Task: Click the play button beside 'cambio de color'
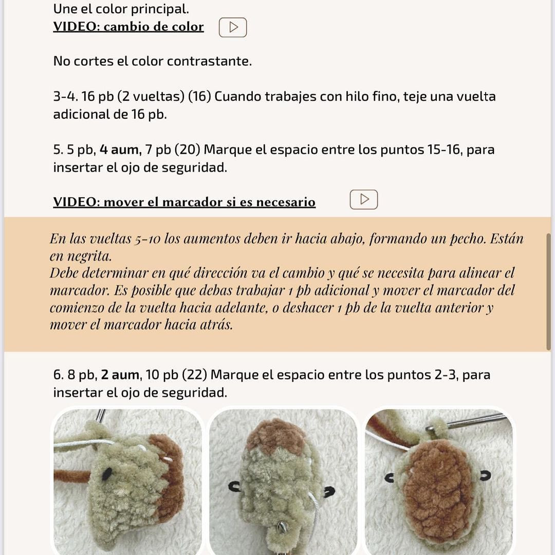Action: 233,27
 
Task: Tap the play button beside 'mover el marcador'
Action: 364,199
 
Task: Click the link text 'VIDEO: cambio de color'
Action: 128,27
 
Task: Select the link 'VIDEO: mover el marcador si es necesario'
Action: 184,202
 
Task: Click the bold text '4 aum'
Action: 119,150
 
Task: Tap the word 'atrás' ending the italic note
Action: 212,325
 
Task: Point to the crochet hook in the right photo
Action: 473,421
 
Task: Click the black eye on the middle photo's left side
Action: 236,485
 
